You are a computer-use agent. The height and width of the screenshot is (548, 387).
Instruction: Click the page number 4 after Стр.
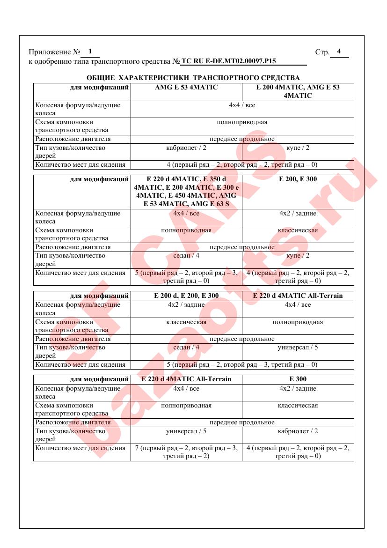click(x=339, y=52)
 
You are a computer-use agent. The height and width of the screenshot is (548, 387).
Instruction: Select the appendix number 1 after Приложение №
click(x=90, y=52)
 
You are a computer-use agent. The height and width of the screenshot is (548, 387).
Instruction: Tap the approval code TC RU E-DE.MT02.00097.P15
click(x=228, y=61)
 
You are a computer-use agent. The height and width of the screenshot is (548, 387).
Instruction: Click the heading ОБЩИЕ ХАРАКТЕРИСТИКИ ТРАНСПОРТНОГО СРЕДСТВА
click(x=193, y=78)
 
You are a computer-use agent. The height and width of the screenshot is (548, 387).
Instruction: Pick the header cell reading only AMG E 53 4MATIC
click(x=186, y=88)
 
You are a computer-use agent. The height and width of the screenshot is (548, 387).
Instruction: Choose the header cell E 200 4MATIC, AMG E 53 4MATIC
click(x=298, y=91)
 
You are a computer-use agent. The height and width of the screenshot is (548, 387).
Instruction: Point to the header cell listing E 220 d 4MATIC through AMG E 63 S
click(x=186, y=192)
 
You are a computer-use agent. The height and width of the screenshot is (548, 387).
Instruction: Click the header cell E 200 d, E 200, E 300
click(x=186, y=296)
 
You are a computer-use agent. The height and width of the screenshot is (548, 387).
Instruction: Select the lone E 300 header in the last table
click(x=298, y=379)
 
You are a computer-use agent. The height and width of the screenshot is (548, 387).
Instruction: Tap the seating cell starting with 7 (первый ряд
click(x=186, y=452)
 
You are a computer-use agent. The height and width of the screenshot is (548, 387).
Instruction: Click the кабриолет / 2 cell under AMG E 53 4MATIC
click(x=186, y=148)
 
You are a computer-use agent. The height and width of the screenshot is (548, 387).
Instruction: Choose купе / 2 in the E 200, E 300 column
click(x=298, y=256)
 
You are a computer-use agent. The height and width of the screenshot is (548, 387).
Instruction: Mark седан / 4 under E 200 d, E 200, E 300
click(x=186, y=348)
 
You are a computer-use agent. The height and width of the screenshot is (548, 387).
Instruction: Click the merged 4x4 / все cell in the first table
click(x=242, y=105)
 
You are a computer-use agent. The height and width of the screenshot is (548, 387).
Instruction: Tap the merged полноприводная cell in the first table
click(x=242, y=122)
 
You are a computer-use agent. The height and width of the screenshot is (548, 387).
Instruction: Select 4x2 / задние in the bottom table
click(x=298, y=389)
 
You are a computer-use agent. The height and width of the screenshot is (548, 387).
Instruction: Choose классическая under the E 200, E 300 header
click(x=298, y=230)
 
